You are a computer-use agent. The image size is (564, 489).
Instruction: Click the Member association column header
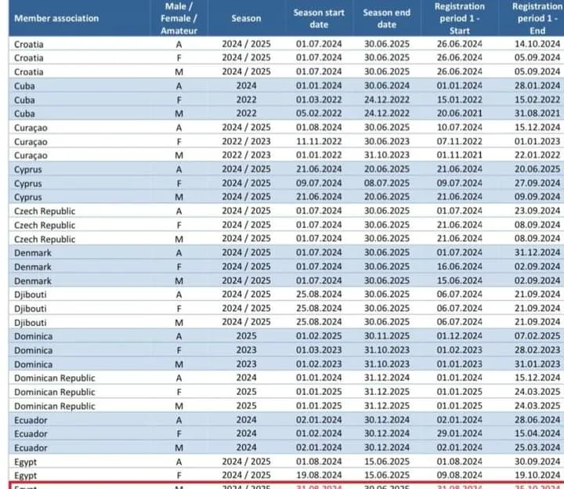pyautogui.click(x=56, y=18)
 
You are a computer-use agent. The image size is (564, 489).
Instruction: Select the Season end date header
pyautogui.click(x=387, y=18)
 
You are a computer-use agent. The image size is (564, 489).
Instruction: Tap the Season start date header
pyautogui.click(x=319, y=18)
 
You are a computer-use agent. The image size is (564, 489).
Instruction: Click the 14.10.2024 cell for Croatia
pyautogui.click(x=537, y=44)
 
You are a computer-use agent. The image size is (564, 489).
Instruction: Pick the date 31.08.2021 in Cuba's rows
pyautogui.click(x=537, y=113)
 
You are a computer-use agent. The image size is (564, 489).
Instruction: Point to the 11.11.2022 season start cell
pyautogui.click(x=319, y=141)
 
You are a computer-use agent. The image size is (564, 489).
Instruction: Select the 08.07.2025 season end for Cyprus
pyautogui.click(x=387, y=183)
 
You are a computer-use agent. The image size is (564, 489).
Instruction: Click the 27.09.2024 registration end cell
pyautogui.click(x=537, y=183)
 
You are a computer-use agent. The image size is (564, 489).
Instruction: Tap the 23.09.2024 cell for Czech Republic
pyautogui.click(x=537, y=211)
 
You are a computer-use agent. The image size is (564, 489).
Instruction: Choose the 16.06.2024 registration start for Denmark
pyautogui.click(x=460, y=266)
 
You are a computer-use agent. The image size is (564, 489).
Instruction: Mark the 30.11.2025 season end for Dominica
pyautogui.click(x=387, y=336)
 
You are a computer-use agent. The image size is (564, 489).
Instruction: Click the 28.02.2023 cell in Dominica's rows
pyautogui.click(x=537, y=350)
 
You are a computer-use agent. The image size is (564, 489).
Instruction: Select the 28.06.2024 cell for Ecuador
pyautogui.click(x=537, y=420)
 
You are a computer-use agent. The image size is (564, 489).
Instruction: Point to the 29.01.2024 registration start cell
pyautogui.click(x=460, y=433)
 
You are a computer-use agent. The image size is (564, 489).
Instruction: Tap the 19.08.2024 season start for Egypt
pyautogui.click(x=319, y=476)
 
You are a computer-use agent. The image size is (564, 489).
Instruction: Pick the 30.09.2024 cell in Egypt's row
pyautogui.click(x=537, y=462)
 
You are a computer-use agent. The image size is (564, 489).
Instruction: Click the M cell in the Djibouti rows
pyautogui.click(x=179, y=322)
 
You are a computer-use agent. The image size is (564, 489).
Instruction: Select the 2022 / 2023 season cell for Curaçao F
pyautogui.click(x=246, y=141)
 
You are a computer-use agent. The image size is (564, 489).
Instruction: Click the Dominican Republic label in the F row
pyautogui.click(x=55, y=392)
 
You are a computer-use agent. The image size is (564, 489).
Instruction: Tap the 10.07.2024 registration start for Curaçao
pyautogui.click(x=460, y=127)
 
